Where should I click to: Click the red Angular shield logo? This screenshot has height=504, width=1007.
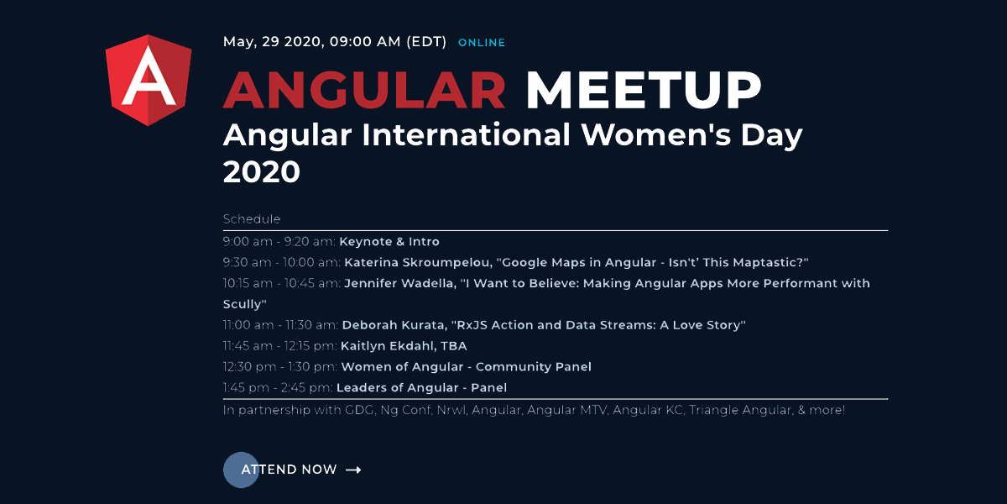(149, 80)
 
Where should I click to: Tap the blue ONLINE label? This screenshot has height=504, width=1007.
(482, 43)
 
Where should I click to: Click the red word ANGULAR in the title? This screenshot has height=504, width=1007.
(364, 90)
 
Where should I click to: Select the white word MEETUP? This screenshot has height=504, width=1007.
(644, 90)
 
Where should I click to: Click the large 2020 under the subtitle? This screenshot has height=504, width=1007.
(262, 172)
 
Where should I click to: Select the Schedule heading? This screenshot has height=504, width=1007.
(252, 219)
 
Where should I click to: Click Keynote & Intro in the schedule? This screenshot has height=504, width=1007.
(389, 242)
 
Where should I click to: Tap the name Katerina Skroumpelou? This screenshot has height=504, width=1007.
(418, 262)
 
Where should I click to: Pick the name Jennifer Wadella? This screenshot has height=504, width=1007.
(400, 284)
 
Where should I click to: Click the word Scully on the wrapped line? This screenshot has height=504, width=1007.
(243, 305)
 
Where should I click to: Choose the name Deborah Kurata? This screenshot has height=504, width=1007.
(394, 325)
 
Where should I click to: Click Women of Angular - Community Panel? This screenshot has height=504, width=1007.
(467, 367)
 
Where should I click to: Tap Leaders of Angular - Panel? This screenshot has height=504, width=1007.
(421, 387)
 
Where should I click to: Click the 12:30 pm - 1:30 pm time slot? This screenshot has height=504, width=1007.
(280, 367)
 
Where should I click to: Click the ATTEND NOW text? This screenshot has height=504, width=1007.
(289, 470)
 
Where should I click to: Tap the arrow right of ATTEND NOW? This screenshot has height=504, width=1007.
(353, 470)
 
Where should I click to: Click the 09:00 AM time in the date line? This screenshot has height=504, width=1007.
(365, 42)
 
